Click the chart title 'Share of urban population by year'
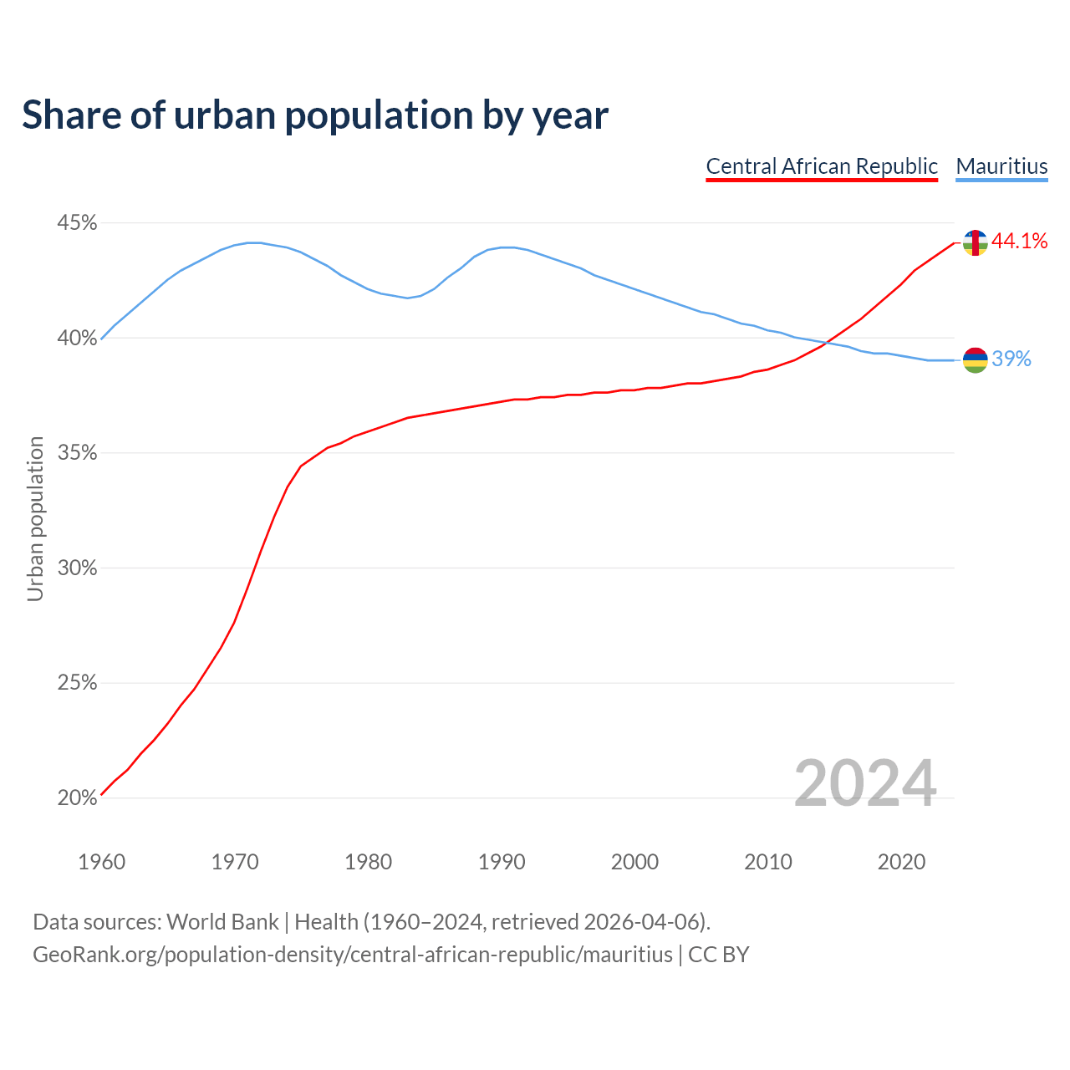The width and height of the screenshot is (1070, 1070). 315,115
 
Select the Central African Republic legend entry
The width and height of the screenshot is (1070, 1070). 822,166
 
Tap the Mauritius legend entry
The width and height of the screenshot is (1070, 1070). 1001,166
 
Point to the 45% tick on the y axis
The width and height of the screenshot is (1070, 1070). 77,223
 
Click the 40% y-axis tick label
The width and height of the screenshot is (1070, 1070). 77,339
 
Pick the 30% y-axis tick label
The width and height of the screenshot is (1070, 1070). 77,568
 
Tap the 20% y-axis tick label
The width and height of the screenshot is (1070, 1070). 77,798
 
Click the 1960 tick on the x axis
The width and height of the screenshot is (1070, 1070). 101,862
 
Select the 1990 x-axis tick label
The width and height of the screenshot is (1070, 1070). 502,862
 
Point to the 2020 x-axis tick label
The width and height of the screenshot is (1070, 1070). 901,862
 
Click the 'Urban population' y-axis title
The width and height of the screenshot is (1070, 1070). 35,518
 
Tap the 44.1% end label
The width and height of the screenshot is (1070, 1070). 1019,242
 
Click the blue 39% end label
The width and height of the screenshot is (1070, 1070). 1011,359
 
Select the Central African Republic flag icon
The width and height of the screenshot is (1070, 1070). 975,242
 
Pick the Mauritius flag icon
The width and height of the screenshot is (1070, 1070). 975,359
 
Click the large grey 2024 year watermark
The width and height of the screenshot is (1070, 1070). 864,784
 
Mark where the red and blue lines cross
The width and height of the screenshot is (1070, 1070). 826,343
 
